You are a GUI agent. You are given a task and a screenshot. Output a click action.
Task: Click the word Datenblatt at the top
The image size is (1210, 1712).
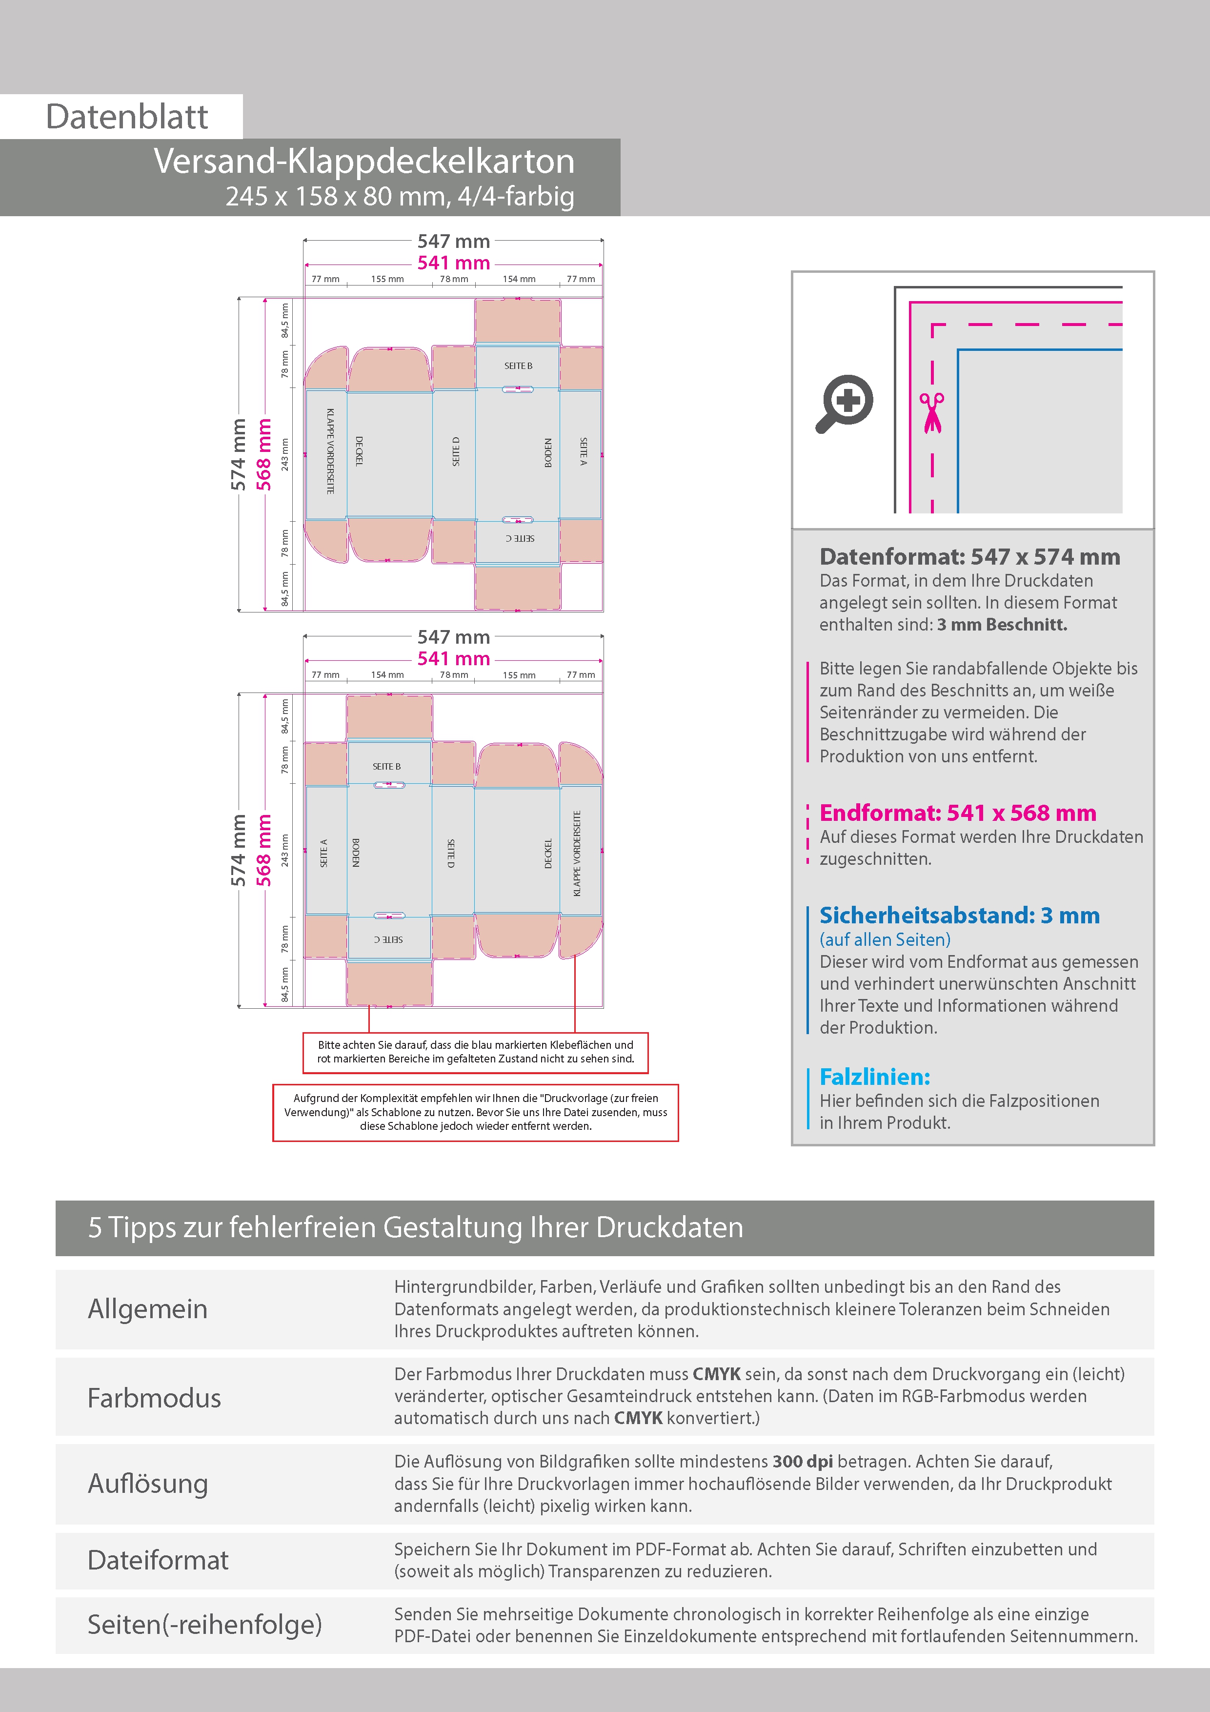tap(127, 116)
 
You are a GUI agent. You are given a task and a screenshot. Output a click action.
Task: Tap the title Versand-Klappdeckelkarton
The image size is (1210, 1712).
tap(364, 161)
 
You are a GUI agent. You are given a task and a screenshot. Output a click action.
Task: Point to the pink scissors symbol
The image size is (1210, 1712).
tap(931, 412)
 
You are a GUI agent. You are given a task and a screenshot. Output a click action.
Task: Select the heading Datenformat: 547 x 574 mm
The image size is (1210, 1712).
tap(969, 556)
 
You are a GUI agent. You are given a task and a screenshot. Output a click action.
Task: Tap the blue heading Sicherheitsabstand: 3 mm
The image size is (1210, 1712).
tap(960, 915)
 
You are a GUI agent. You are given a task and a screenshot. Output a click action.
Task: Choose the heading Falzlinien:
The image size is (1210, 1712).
tap(874, 1077)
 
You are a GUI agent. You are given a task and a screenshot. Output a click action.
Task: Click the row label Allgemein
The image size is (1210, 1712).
tap(148, 1308)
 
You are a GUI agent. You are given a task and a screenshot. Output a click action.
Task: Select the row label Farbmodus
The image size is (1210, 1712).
tap(154, 1397)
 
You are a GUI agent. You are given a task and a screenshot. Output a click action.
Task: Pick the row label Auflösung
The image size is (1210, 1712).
tap(148, 1484)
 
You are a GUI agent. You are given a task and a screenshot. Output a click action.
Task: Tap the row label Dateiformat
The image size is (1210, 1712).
tap(158, 1560)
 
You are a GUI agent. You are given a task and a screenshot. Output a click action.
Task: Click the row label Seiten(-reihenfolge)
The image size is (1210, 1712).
tap(205, 1624)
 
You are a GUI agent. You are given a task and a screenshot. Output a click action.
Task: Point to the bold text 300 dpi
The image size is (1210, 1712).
tap(803, 1462)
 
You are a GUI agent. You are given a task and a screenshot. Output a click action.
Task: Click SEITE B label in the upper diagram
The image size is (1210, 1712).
tap(518, 366)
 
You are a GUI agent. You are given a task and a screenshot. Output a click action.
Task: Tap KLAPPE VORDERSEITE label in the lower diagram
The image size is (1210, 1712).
tap(576, 853)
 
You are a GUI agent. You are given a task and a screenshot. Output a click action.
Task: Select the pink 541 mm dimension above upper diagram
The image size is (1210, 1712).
tap(453, 263)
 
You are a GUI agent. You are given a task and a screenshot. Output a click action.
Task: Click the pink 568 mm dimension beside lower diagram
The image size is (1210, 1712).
tap(264, 850)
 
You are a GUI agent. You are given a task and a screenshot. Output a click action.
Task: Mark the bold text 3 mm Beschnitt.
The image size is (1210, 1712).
tap(1002, 625)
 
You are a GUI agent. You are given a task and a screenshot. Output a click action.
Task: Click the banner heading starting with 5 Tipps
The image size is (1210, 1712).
tap(415, 1227)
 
